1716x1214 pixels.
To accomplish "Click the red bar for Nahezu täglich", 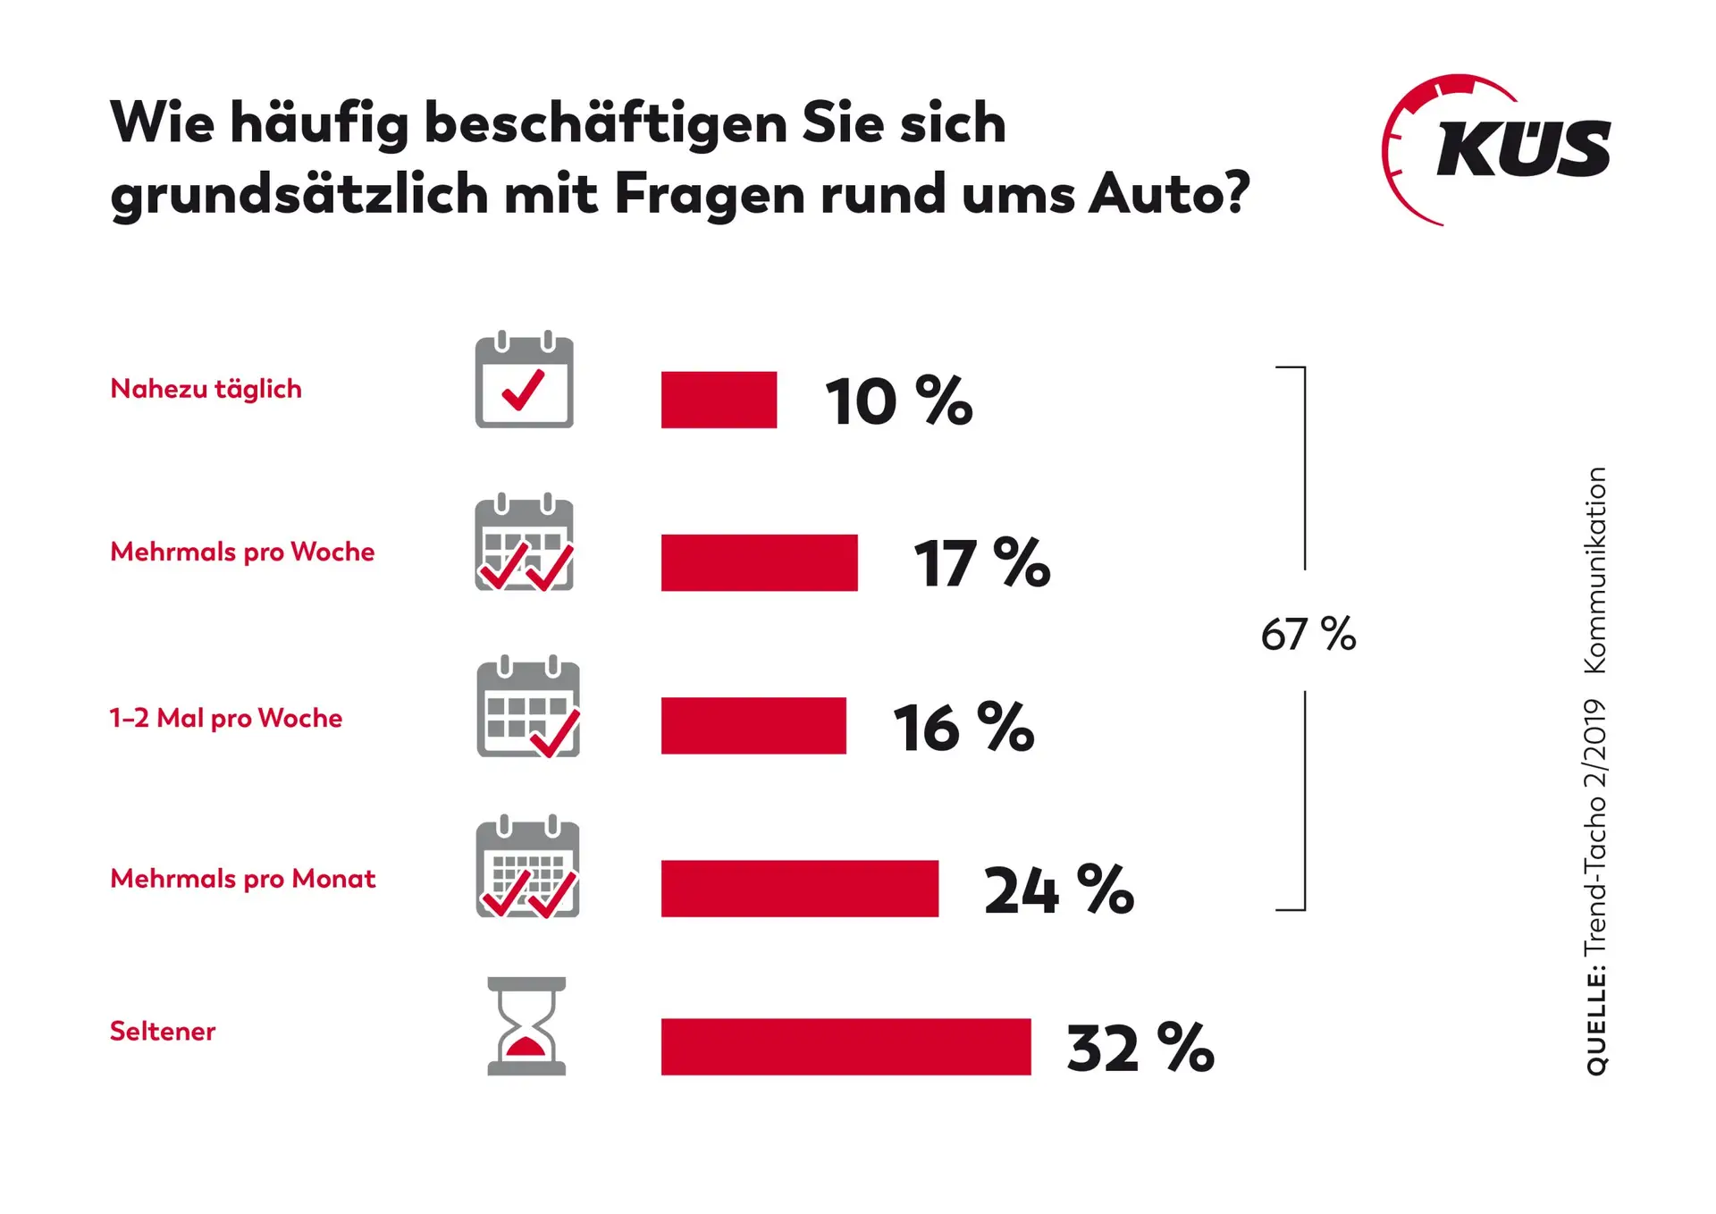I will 719,400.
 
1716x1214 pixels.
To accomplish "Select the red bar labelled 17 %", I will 759,562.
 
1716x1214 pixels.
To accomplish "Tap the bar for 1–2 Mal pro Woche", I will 753,725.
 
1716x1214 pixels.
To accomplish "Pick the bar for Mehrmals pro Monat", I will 799,888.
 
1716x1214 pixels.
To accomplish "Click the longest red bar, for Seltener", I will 845,1046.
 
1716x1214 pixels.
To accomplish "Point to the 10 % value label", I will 897,401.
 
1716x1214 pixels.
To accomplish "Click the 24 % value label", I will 1058,890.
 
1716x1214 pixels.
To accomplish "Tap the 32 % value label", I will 1140,1048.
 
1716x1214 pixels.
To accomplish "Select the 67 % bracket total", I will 1308,635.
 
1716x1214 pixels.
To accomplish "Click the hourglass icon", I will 526,1026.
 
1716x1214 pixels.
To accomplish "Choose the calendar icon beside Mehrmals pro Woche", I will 524,543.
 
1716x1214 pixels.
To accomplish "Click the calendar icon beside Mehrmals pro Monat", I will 527,867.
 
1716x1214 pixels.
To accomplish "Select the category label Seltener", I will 163,1031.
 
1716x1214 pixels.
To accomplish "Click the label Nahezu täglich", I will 206,389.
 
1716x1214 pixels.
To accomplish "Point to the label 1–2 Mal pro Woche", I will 225,718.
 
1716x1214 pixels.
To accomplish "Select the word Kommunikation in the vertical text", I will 1596,570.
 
